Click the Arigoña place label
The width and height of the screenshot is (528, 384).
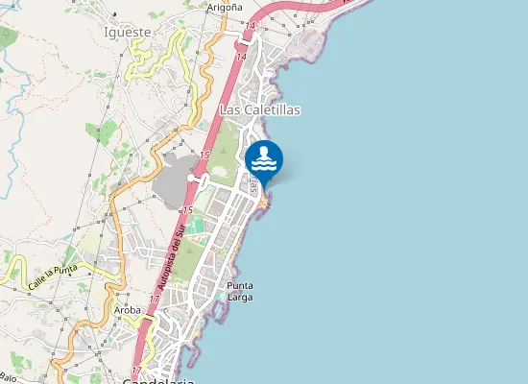[224, 7]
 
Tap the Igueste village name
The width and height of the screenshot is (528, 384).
[127, 32]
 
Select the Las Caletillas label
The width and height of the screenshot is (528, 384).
[260, 110]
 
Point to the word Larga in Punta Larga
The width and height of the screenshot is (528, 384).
[240, 298]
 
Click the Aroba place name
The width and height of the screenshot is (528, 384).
[128, 311]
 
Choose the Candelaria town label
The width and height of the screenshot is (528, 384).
[158, 380]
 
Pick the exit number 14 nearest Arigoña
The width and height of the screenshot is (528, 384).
[251, 26]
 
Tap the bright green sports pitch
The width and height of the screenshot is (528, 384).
[197, 225]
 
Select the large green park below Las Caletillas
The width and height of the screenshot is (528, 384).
[224, 154]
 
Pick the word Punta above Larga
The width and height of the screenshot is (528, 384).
[240, 286]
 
